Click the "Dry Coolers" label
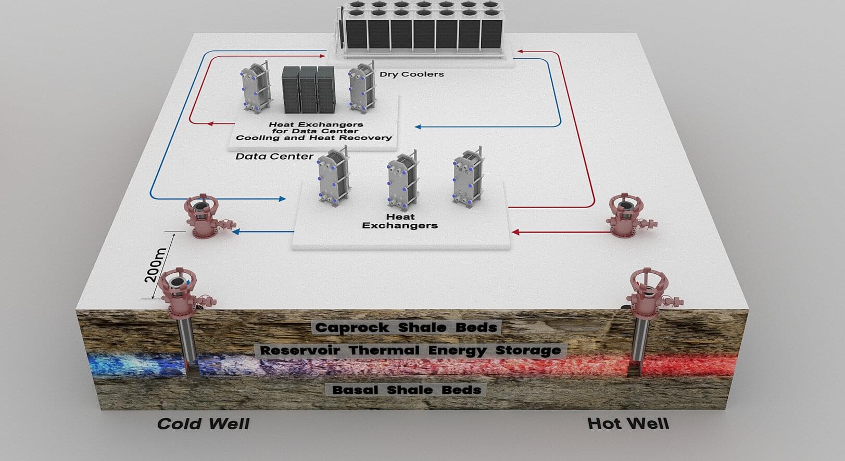(x=411, y=74)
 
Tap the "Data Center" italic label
(x=274, y=157)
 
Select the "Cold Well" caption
(x=204, y=424)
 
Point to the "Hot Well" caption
(x=628, y=424)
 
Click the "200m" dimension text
(x=156, y=265)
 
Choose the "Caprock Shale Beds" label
(x=406, y=327)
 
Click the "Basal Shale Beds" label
(x=407, y=389)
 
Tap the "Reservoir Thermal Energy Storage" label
(x=410, y=350)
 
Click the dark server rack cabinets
(x=309, y=89)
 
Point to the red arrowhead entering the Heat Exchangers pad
(x=515, y=232)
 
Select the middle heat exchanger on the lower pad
(x=403, y=181)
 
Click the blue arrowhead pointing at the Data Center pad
(x=418, y=127)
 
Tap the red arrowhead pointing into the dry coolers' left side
(x=321, y=56)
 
